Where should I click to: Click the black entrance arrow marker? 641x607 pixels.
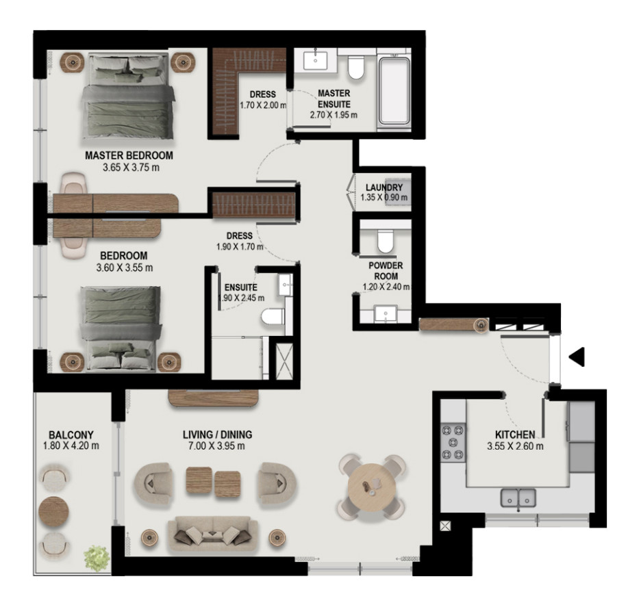pyautogui.click(x=578, y=357)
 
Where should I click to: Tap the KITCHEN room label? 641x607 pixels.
pyautogui.click(x=515, y=435)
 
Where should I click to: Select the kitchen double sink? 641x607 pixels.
pyautogui.click(x=518, y=498)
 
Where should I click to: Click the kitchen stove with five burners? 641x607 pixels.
pyautogui.click(x=453, y=442)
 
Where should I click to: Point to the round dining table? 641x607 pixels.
pyautogui.click(x=372, y=487)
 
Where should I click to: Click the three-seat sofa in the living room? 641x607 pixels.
pyautogui.click(x=212, y=533)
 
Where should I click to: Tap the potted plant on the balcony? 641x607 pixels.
pyautogui.click(x=97, y=558)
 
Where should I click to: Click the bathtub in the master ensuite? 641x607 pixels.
pyautogui.click(x=394, y=91)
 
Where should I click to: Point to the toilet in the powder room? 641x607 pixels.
pyautogui.click(x=385, y=240)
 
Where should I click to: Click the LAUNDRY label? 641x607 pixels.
pyautogui.click(x=384, y=188)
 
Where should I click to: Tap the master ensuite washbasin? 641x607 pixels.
pyautogui.click(x=315, y=60)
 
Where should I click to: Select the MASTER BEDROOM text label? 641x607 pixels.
pyautogui.click(x=129, y=155)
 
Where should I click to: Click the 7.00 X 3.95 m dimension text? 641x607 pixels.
pyautogui.click(x=216, y=445)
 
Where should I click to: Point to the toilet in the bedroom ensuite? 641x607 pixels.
pyautogui.click(x=273, y=316)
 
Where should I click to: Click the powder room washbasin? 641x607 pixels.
pyautogui.click(x=385, y=313)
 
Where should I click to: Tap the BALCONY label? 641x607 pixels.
pyautogui.click(x=71, y=435)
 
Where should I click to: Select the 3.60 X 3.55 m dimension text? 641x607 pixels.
pyautogui.click(x=125, y=268)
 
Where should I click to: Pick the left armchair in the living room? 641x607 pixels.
pyautogui.click(x=153, y=484)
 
